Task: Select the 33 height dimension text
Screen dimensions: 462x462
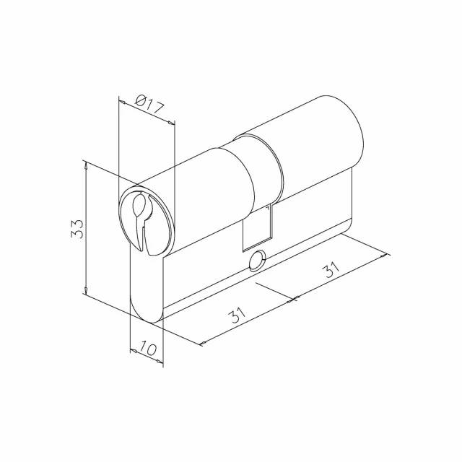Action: click(x=78, y=229)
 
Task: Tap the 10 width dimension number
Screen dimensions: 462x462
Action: click(x=147, y=348)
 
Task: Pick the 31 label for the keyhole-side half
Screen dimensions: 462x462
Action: click(x=238, y=315)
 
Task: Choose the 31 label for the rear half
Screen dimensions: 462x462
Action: click(x=331, y=269)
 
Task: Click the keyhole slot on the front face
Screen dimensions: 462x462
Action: click(x=141, y=217)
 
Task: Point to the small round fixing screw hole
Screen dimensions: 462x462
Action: click(x=258, y=261)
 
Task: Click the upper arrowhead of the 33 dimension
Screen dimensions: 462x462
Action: click(x=85, y=165)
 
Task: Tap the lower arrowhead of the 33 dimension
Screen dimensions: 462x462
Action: click(x=85, y=290)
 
